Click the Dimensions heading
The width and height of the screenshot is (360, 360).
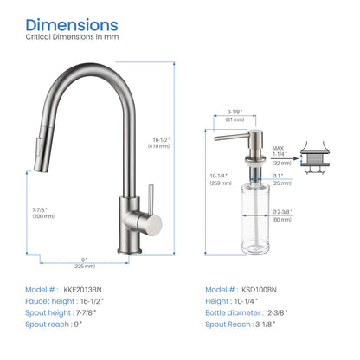[x=71, y=25]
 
